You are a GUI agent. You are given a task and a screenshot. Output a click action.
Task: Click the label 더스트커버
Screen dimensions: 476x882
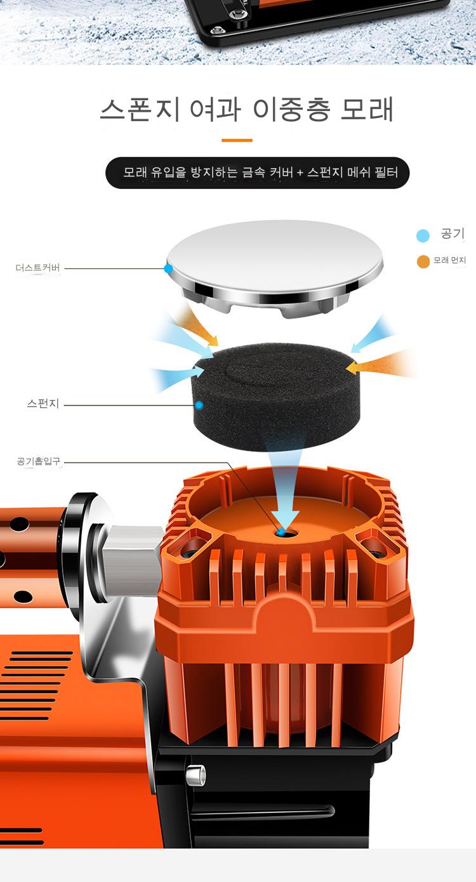[38, 268]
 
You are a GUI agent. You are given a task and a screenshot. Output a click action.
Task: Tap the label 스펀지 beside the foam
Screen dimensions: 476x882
[43, 404]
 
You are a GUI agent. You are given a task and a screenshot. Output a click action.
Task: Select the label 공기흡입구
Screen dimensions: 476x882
[39, 461]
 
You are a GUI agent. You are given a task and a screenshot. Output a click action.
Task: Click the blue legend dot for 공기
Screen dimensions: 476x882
[423, 235]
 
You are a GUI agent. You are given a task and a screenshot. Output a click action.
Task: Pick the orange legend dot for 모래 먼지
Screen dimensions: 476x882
[423, 261]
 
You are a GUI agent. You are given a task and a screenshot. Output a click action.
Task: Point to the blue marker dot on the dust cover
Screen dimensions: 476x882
[168, 269]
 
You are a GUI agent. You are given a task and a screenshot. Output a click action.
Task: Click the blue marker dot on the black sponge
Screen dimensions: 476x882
[200, 405]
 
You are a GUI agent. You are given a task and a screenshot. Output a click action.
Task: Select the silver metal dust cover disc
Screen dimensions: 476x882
[274, 268]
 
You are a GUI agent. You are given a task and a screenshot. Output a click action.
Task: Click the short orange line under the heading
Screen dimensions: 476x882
[237, 140]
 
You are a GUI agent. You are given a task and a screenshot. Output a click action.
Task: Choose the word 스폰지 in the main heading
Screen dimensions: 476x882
[140, 110]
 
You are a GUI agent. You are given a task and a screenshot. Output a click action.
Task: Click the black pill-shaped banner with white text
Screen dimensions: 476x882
[258, 173]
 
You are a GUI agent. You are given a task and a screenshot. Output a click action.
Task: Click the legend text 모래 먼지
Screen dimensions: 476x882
[449, 260]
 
